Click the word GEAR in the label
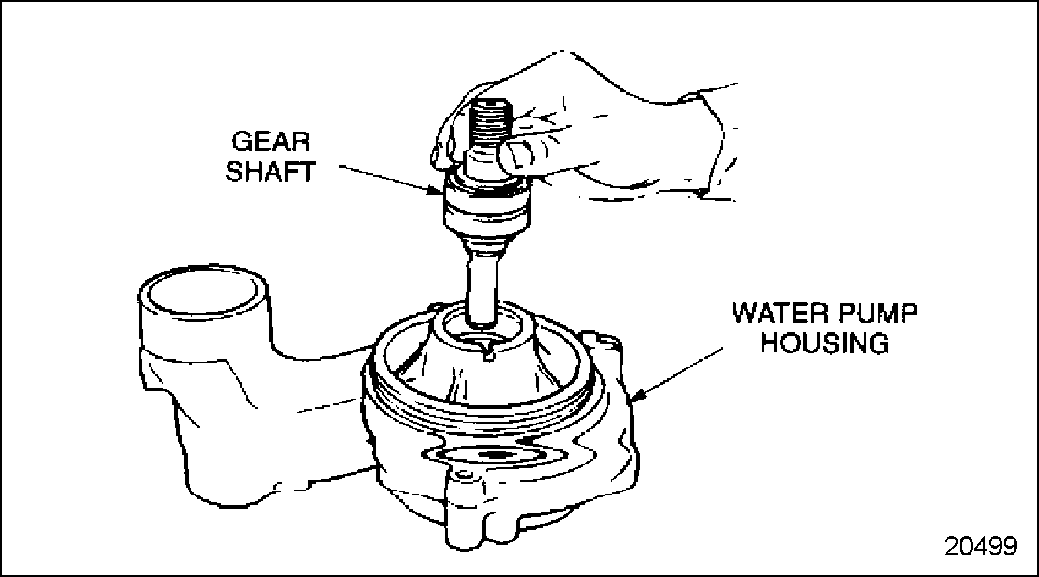click(x=270, y=142)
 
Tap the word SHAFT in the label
click(x=270, y=171)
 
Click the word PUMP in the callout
click(x=877, y=314)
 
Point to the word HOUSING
click(x=825, y=343)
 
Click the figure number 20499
click(x=981, y=546)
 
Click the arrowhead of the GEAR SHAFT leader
click(x=436, y=190)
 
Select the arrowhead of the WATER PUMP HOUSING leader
click(x=639, y=395)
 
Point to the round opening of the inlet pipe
click(x=203, y=292)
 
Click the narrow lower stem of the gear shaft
click(x=483, y=288)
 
